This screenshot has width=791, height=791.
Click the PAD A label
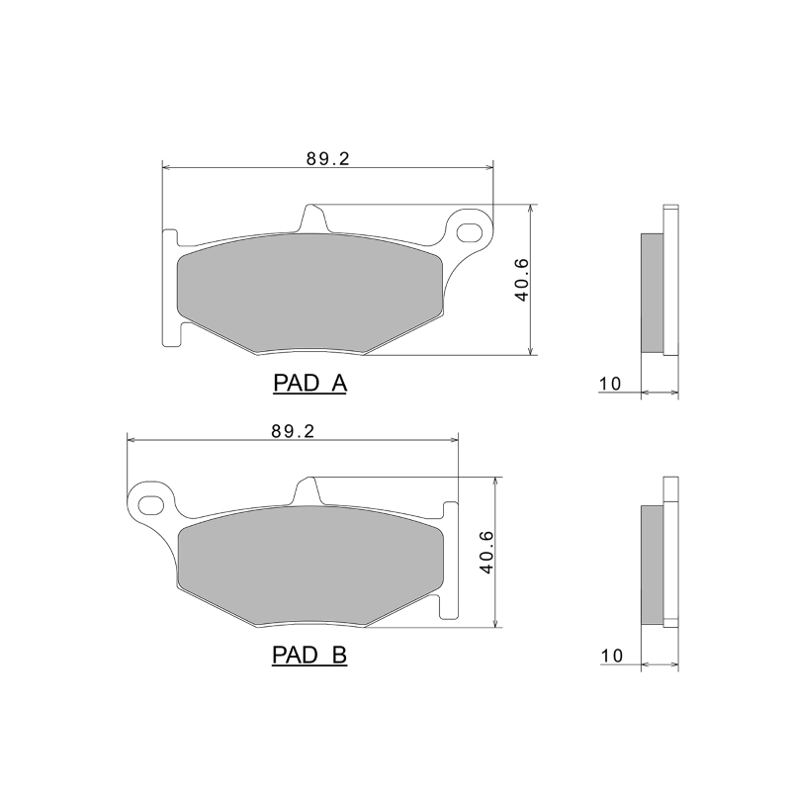(308, 384)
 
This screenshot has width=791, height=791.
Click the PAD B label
(308, 655)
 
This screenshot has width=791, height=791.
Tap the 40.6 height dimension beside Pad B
(485, 552)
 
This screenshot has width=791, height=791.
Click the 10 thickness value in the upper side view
(610, 384)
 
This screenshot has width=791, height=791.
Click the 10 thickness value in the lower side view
(610, 656)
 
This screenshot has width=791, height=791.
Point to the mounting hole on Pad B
(151, 504)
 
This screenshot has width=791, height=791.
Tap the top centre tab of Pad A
(312, 218)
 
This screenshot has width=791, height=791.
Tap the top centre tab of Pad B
(308, 489)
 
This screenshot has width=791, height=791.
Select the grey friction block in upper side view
(652, 292)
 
